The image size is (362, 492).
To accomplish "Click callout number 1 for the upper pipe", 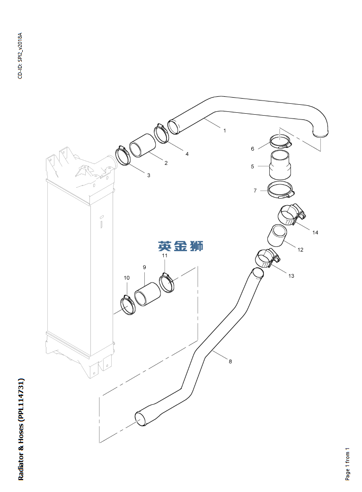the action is pyautogui.click(x=224, y=130).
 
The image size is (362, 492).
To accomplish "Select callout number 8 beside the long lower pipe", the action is pyautogui.click(x=230, y=362).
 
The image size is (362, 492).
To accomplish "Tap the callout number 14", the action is pyautogui.click(x=315, y=233).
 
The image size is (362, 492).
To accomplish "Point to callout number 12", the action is pyautogui.click(x=300, y=250).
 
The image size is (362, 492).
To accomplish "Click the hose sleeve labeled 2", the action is pyautogui.click(x=143, y=146).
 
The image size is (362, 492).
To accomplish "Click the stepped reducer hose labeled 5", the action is pyautogui.click(x=281, y=165).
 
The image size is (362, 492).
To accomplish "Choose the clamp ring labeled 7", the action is pyautogui.click(x=281, y=190).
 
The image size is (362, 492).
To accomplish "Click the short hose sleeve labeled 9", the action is pyautogui.click(x=148, y=294).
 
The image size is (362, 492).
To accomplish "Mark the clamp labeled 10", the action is pyautogui.click(x=127, y=305).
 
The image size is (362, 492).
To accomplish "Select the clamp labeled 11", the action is pyautogui.click(x=167, y=282).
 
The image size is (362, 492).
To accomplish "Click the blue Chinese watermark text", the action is pyautogui.click(x=181, y=246).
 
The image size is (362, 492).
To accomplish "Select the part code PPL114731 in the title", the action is pyautogui.click(x=21, y=401).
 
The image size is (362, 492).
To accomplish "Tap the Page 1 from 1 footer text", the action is pyautogui.click(x=347, y=464).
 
